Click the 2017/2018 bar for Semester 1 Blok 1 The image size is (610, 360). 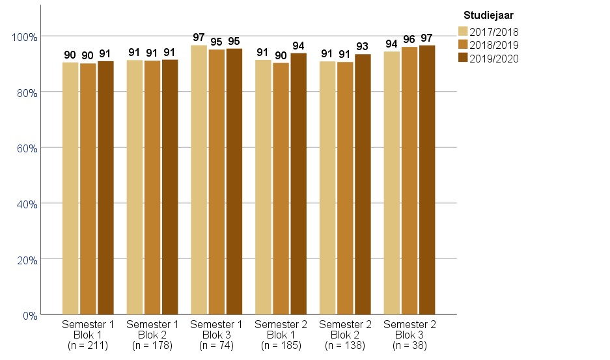click(70, 189)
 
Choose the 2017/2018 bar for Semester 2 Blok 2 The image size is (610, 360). click(327, 188)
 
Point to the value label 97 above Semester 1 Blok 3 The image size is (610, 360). click(199, 38)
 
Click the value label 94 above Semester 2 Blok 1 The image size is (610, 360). click(298, 46)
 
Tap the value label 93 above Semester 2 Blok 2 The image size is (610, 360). click(363, 47)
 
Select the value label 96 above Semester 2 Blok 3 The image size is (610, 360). click(409, 40)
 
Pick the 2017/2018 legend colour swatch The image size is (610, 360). click(464, 31)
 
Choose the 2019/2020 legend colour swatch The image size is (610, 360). click(464, 59)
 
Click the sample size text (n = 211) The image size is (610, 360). click(88, 345)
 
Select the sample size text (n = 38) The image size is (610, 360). click(409, 345)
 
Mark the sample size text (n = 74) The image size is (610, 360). click(217, 345)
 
